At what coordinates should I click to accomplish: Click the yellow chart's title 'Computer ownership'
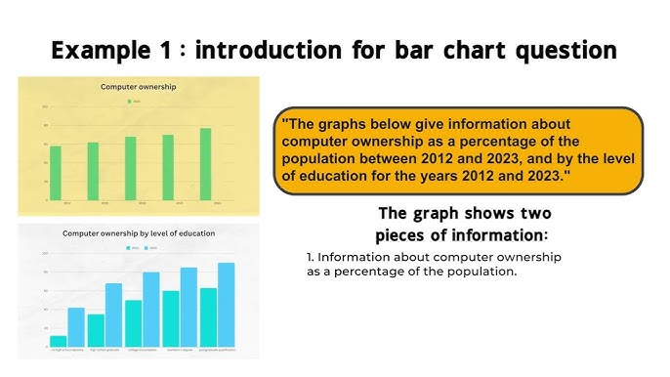point(139,87)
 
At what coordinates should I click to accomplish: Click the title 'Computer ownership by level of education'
point(139,233)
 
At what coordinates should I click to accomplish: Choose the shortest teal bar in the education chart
point(59,342)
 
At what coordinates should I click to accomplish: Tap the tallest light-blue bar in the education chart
point(227,306)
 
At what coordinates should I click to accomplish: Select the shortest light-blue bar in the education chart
point(76,328)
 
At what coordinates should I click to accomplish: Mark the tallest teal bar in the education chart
point(208,318)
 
